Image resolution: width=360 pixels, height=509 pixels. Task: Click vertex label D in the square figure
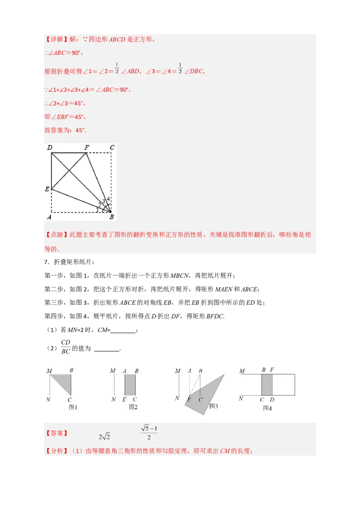click(x=49, y=147)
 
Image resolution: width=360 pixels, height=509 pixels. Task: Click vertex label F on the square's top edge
click(x=87, y=147)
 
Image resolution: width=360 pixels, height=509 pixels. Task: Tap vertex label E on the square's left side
click(x=47, y=189)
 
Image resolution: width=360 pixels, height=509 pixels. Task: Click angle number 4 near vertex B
click(x=108, y=199)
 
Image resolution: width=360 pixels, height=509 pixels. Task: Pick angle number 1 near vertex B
click(x=97, y=209)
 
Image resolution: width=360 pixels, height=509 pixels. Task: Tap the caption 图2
click(x=133, y=407)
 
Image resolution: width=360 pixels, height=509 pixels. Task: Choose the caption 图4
click(x=267, y=408)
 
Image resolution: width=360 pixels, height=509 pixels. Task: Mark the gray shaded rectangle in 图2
click(x=130, y=385)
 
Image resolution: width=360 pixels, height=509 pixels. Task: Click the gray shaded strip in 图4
click(x=267, y=385)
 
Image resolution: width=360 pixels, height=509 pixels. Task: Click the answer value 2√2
click(x=104, y=436)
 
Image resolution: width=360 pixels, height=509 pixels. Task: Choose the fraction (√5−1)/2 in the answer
click(x=149, y=432)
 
